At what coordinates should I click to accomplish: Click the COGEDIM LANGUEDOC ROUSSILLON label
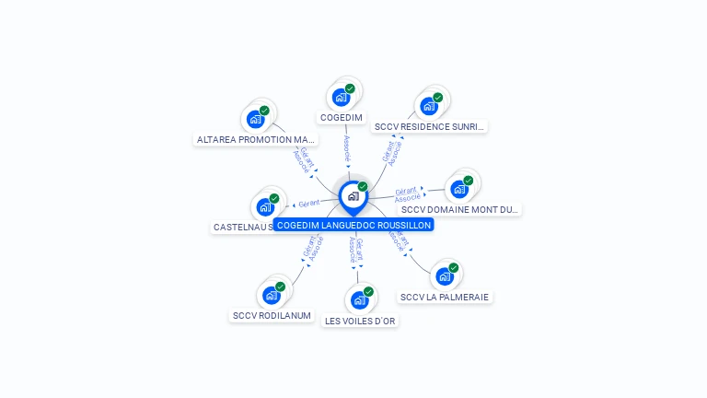click(353, 225)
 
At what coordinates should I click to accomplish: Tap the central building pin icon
click(353, 196)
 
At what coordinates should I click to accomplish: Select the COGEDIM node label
click(342, 118)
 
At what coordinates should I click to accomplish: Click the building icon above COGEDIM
click(342, 97)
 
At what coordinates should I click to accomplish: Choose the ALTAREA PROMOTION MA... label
click(256, 140)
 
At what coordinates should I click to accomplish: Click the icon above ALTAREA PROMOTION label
click(256, 119)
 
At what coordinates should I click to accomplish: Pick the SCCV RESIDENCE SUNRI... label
click(430, 126)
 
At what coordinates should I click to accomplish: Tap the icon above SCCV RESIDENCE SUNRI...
click(429, 105)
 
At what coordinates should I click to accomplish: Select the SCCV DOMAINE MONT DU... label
click(460, 210)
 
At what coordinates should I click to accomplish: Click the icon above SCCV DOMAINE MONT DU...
click(459, 189)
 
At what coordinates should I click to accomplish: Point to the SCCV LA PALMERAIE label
click(446, 297)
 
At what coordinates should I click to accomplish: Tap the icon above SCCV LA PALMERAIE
click(445, 275)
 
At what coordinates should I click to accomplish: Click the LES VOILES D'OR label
click(361, 321)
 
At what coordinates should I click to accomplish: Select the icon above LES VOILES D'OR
click(360, 299)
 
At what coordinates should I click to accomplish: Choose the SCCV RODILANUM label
click(272, 316)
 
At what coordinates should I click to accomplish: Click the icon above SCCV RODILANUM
click(272, 295)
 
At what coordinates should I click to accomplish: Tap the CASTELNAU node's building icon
click(265, 206)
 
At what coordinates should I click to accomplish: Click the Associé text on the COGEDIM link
click(346, 148)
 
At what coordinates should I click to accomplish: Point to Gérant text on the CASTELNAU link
click(309, 203)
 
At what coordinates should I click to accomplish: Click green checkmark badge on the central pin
click(363, 187)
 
